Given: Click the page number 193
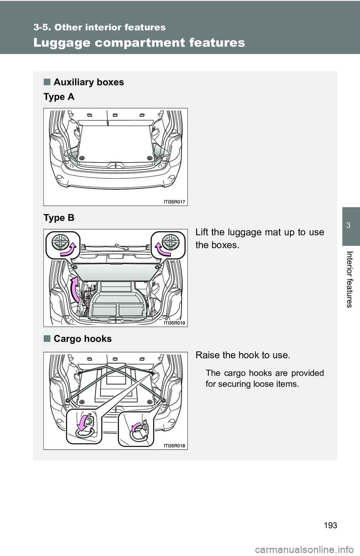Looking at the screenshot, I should pyautogui.click(x=330, y=525).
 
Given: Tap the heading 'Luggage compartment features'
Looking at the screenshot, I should pyautogui.click(x=139, y=43).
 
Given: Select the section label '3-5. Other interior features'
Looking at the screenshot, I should pyautogui.click(x=99, y=27).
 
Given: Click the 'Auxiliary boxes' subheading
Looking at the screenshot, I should pyautogui.click(x=88, y=82).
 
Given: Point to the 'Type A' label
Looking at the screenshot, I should pyautogui.click(x=59, y=97).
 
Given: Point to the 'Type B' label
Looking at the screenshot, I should pyautogui.click(x=59, y=218).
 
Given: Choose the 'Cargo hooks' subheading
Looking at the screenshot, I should pyautogui.click(x=82, y=339).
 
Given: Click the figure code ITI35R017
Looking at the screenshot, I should pyautogui.click(x=174, y=202).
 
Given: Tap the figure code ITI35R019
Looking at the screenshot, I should pyautogui.click(x=174, y=323).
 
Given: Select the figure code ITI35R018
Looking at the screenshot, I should pyautogui.click(x=174, y=445).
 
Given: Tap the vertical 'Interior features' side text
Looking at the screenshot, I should pyautogui.click(x=349, y=279).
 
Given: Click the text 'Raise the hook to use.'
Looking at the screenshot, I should pyautogui.click(x=243, y=355).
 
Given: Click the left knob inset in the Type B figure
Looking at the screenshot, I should pyautogui.click(x=62, y=244).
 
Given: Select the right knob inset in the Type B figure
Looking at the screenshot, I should pyautogui.click(x=168, y=244).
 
